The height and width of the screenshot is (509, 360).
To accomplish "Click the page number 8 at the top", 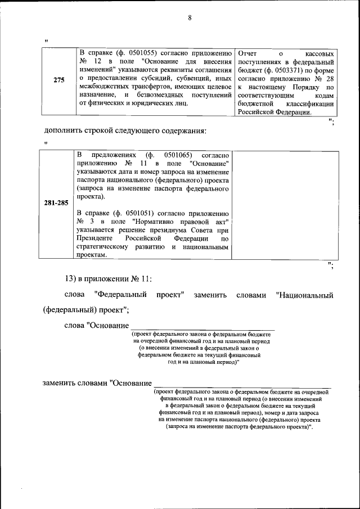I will (190, 17).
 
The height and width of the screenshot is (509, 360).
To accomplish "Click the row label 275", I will (58, 80).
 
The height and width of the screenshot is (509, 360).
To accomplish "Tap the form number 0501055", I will (143, 53).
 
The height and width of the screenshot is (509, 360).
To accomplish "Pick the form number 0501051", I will (143, 214).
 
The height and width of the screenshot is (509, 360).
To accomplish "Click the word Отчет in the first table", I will (248, 53).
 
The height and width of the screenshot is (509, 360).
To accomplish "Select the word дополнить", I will (65, 132).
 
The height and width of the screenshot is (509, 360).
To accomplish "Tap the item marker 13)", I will (74, 278).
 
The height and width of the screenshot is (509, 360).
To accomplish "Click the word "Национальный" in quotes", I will (305, 295).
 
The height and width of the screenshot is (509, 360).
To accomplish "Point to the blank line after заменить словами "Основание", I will (242, 384).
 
